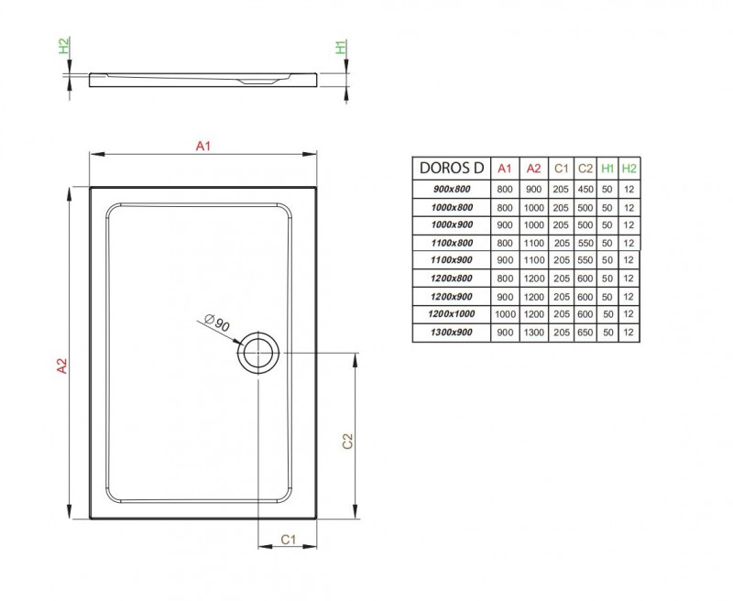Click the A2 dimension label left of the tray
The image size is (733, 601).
[x=61, y=364]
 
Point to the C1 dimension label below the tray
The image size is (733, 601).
[x=287, y=540]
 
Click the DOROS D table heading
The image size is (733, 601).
[x=451, y=168]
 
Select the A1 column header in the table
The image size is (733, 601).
[x=504, y=169]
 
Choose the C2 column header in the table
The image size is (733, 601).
[x=585, y=169]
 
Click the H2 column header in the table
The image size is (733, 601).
[x=629, y=169]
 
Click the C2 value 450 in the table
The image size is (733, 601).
[x=585, y=190]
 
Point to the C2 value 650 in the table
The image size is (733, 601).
[x=585, y=332]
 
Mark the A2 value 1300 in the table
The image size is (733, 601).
[x=533, y=332]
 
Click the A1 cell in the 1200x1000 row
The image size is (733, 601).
[x=504, y=314]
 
